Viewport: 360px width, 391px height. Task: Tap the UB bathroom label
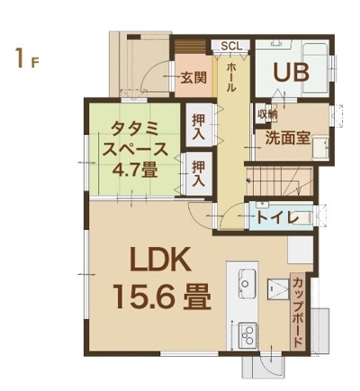[x=291, y=73]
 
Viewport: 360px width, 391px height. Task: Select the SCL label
[x=230, y=46]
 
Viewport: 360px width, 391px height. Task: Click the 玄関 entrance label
[x=193, y=78]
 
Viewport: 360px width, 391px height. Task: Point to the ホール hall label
[x=231, y=77]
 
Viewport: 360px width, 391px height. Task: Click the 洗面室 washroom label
[x=287, y=138]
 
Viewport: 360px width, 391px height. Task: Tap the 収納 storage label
[x=266, y=114]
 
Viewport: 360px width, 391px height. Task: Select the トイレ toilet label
[x=276, y=218]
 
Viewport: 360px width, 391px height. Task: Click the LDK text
[x=161, y=259]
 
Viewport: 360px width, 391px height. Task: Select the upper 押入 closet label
[x=199, y=126]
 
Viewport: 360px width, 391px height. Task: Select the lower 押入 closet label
[x=199, y=174]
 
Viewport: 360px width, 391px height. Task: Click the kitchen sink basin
[x=247, y=280]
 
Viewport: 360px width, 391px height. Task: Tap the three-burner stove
[x=247, y=336]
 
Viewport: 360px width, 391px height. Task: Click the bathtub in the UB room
[x=314, y=68]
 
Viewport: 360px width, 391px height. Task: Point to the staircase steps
[x=279, y=183]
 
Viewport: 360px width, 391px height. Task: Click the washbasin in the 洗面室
[x=320, y=149]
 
